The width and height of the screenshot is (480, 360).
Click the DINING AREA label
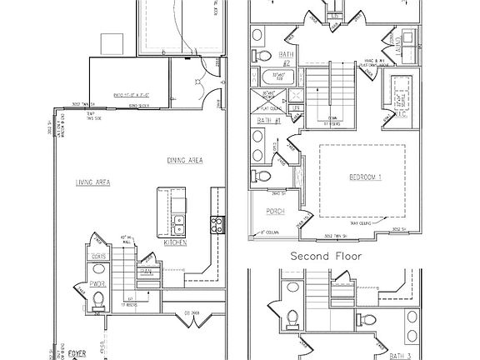[x=186, y=161]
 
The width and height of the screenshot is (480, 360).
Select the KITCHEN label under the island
[x=174, y=242]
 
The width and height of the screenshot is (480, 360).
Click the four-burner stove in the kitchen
[x=217, y=222]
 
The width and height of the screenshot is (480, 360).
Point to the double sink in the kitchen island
[x=178, y=223]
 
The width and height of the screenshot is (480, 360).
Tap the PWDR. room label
[x=96, y=283]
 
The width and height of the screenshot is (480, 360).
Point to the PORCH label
[x=276, y=212]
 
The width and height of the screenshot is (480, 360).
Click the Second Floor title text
[x=326, y=257]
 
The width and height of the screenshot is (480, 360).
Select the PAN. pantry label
[x=146, y=270]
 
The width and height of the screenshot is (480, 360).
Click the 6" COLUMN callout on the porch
[x=271, y=232]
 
